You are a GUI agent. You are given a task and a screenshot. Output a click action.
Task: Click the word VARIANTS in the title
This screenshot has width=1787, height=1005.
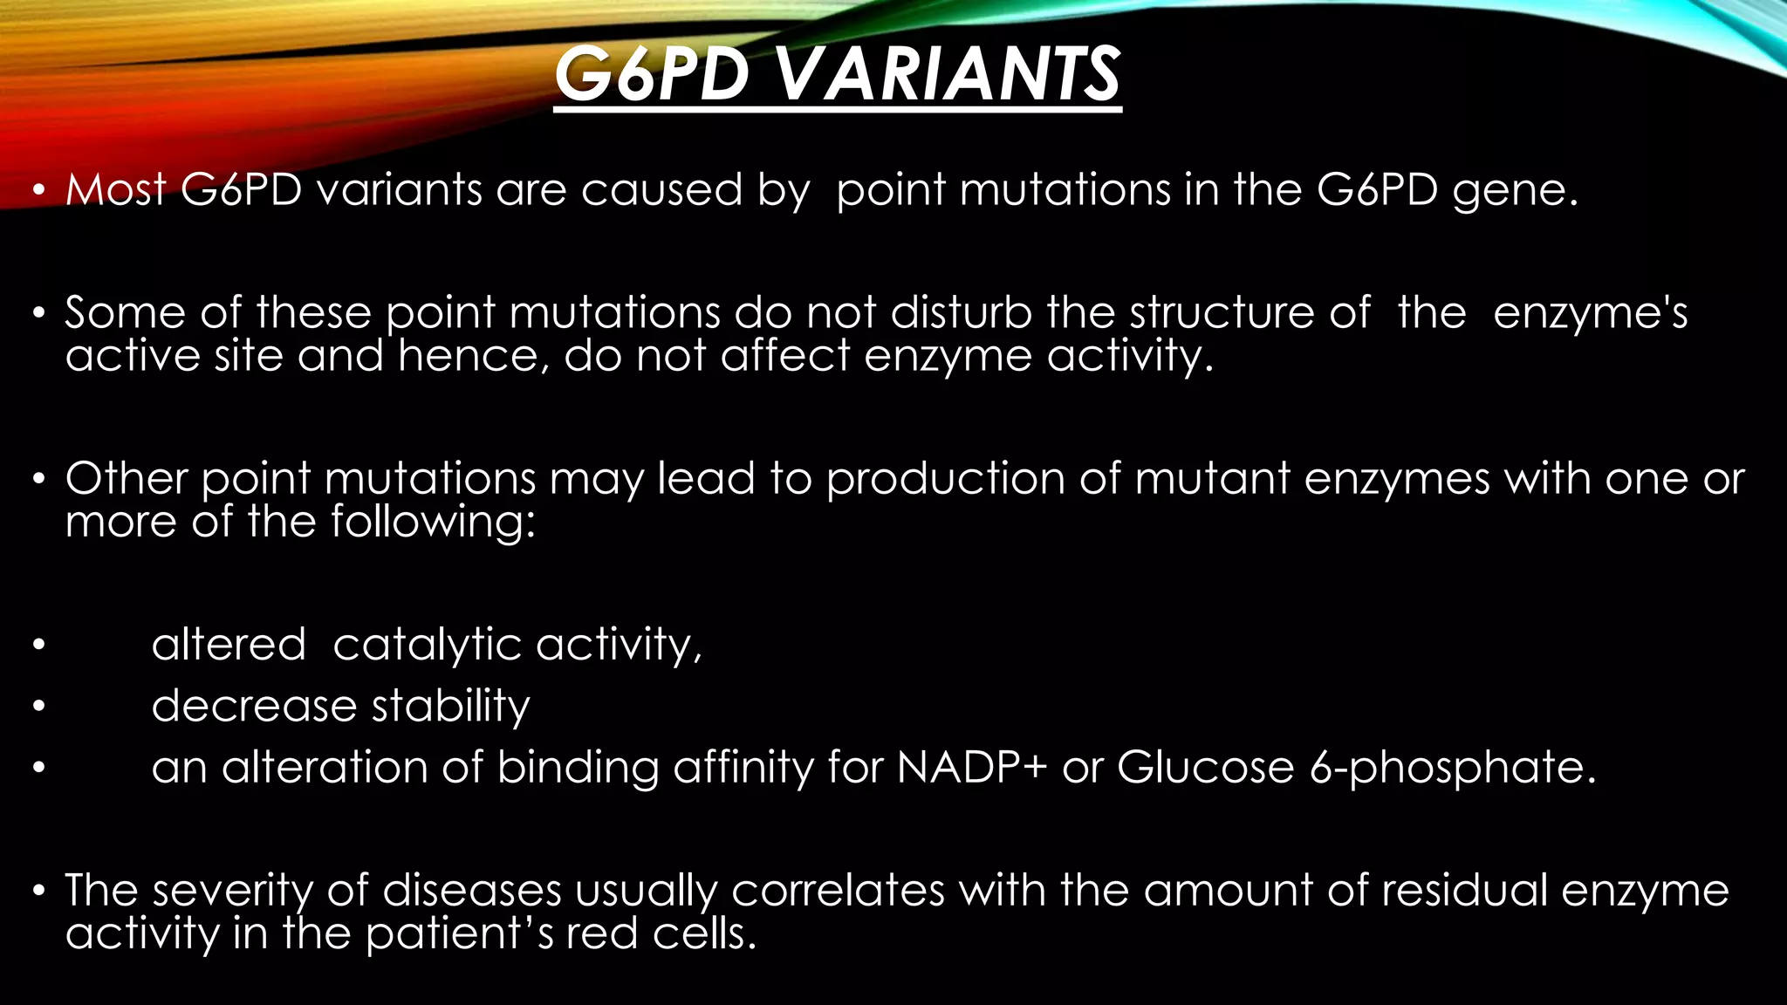[947, 74]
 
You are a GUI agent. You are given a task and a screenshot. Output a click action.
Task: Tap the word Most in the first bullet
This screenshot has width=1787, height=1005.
[115, 189]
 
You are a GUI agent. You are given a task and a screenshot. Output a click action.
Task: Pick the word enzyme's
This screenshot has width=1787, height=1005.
[1590, 314]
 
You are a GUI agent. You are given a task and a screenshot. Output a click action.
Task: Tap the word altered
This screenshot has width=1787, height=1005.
[229, 645]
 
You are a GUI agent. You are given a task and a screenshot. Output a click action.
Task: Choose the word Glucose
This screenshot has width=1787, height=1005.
[1205, 768]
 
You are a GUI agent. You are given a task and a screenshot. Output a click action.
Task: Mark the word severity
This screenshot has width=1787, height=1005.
[232, 892]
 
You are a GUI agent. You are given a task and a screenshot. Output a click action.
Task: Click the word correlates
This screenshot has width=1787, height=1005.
[838, 891]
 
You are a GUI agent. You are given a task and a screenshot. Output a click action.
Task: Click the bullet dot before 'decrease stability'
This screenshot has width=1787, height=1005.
[38, 708]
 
